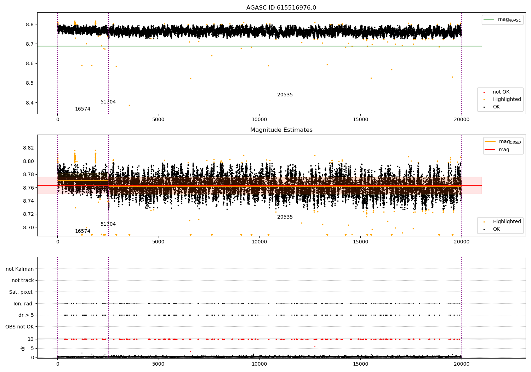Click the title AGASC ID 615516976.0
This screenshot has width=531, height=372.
pyautogui.click(x=281, y=8)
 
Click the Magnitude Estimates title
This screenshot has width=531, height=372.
pyautogui.click(x=281, y=130)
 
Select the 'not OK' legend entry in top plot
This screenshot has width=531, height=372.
pyautogui.click(x=501, y=92)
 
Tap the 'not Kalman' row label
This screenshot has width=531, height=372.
pyautogui.click(x=20, y=269)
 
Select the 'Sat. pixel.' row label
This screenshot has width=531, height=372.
pyautogui.click(x=21, y=292)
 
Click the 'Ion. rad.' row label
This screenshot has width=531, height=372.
pyautogui.click(x=23, y=304)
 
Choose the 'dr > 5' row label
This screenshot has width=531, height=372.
pyautogui.click(x=26, y=315)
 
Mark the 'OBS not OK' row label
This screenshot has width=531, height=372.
pyautogui.click(x=19, y=327)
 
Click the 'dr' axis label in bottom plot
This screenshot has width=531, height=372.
pyautogui.click(x=23, y=348)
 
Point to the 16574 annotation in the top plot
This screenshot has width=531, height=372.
pyautogui.click(x=82, y=109)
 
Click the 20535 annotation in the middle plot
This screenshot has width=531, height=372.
pyautogui.click(x=285, y=217)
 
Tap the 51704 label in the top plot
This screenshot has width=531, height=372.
pyautogui.click(x=108, y=102)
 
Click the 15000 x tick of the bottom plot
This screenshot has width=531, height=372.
pyautogui.click(x=360, y=365)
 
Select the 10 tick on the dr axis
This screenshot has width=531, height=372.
pyautogui.click(x=30, y=339)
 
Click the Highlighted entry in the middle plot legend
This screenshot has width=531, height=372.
pyautogui.click(x=507, y=222)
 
